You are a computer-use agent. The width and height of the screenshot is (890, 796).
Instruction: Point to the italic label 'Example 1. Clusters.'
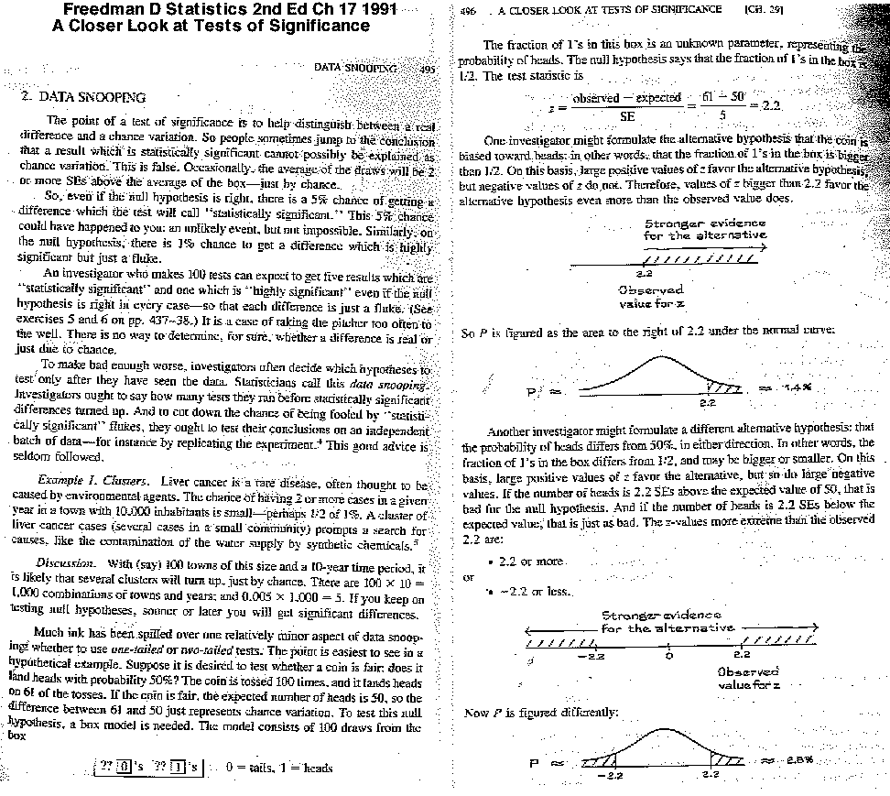point(93,481)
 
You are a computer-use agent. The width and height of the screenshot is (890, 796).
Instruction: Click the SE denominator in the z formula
point(627,117)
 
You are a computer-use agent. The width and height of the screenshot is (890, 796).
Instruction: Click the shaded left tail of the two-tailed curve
point(596,760)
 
